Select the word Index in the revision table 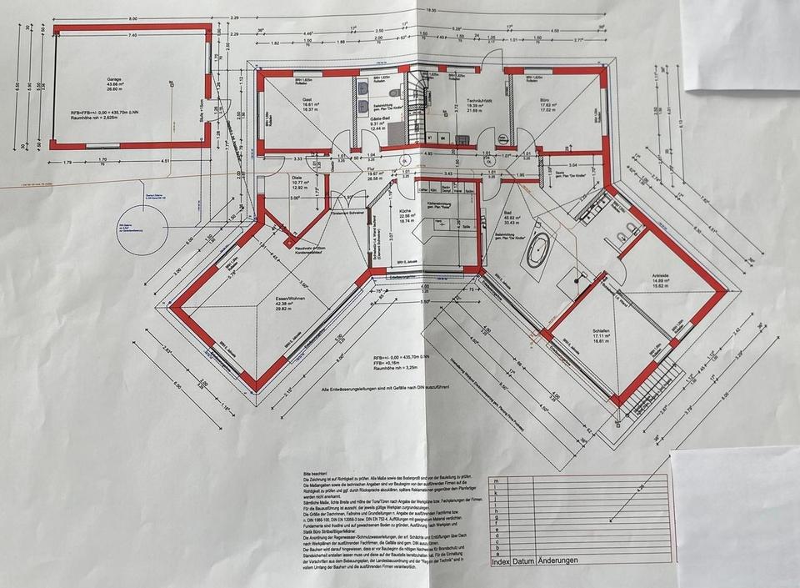click(x=501, y=561)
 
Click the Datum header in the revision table click(x=523, y=561)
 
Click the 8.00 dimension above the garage click(x=132, y=18)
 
